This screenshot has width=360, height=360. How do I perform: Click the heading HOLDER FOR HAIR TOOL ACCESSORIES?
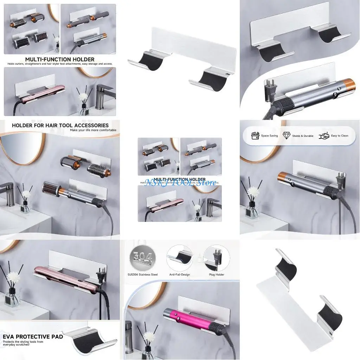click(x=60, y=125)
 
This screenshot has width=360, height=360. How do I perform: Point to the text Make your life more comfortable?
click(x=93, y=130)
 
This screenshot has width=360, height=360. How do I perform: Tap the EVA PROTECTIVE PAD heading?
click(x=33, y=336)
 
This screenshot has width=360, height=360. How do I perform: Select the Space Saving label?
click(x=269, y=136)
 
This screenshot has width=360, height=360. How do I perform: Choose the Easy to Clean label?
click(x=339, y=136)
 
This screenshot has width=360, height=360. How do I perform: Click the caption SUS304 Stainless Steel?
click(x=143, y=275)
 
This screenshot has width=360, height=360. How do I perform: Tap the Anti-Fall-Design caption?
click(x=179, y=275)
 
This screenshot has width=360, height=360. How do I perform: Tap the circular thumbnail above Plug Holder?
click(x=216, y=258)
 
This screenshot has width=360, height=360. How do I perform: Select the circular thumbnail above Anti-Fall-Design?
click(x=179, y=258)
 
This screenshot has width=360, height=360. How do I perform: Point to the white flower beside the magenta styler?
click(x=149, y=337)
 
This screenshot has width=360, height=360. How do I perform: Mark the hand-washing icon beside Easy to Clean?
click(x=324, y=136)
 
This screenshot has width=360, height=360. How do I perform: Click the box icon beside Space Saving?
click(x=255, y=136)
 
